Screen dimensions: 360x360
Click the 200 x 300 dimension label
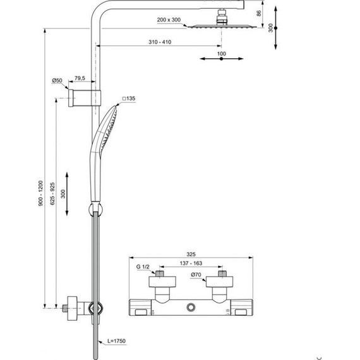pyautogui.click(x=169, y=20)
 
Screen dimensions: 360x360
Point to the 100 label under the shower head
pyautogui.click(x=220, y=54)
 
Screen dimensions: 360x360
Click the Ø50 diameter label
pyautogui.click(x=57, y=80)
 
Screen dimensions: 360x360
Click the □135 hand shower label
pyautogui.click(x=129, y=99)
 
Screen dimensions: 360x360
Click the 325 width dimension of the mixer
pyautogui.click(x=191, y=251)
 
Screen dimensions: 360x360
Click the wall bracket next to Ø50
pyautogui.click(x=80, y=98)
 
